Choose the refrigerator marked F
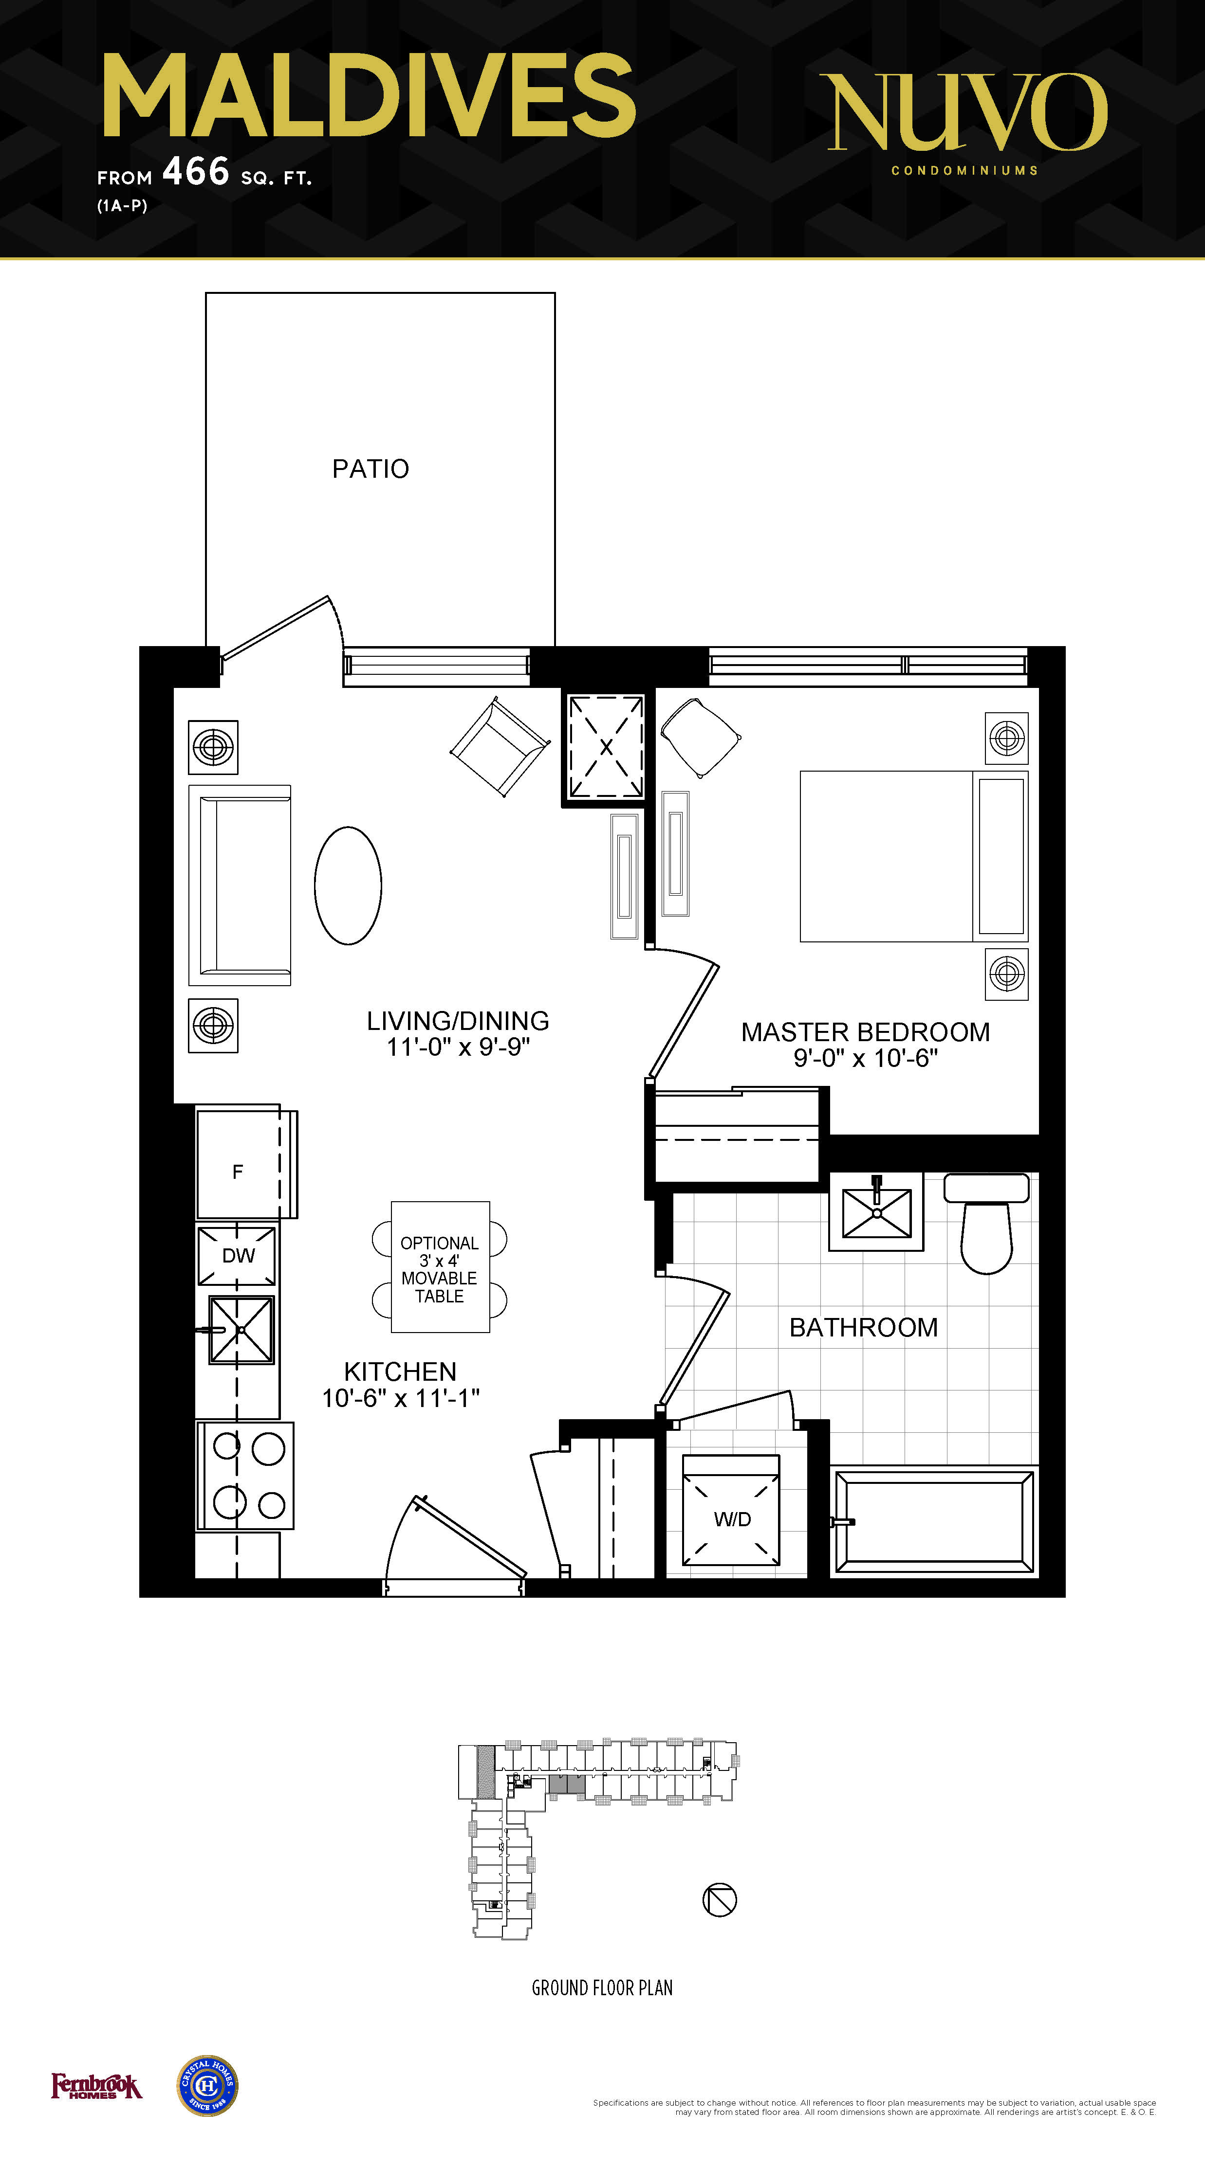coord(246,1162)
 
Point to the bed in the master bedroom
coord(914,856)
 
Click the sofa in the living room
coord(240,885)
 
